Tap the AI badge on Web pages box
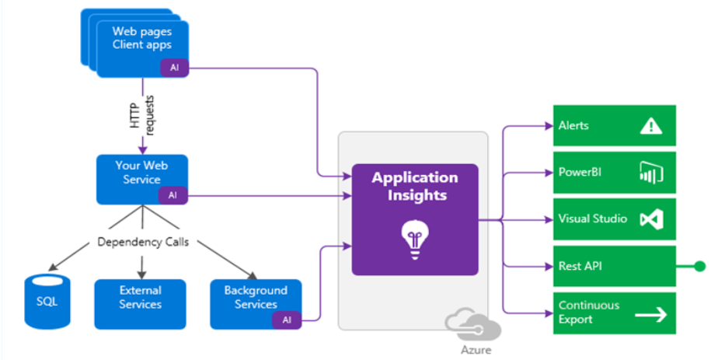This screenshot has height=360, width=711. click(174, 68)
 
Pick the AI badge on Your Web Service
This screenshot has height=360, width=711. click(173, 195)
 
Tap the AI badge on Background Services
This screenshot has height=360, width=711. click(287, 319)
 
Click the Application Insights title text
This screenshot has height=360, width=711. click(414, 186)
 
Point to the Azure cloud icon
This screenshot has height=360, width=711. click(463, 321)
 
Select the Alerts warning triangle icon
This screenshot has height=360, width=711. click(650, 127)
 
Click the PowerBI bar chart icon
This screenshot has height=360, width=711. click(650, 173)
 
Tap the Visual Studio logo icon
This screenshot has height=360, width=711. click(650, 220)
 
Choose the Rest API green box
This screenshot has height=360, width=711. click(614, 267)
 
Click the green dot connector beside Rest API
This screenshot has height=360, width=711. click(699, 267)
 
